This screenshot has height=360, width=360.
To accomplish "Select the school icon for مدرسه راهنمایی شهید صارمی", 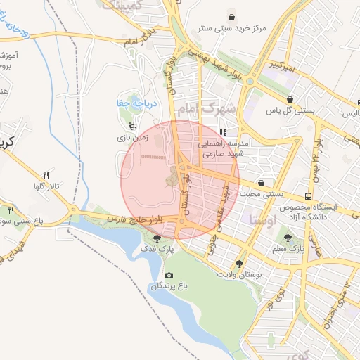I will [x=222, y=131].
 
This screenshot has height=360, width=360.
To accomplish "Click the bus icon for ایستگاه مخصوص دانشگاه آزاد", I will [x=308, y=196].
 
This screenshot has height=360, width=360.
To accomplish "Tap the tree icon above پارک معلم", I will [x=288, y=237].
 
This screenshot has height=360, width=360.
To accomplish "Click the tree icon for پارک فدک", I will [x=156, y=238].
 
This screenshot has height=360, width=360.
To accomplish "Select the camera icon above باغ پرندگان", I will [x=168, y=275].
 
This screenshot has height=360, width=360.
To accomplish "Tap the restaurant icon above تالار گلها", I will [x=46, y=175].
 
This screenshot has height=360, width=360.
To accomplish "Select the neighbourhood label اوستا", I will [x=262, y=219].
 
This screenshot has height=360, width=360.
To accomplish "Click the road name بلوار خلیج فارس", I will [x=133, y=219].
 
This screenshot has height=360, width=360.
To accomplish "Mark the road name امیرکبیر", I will [x=281, y=65].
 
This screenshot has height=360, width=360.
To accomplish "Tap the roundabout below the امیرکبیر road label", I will [x=249, y=82].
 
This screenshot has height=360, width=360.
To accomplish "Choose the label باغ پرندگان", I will [x=169, y=286].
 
